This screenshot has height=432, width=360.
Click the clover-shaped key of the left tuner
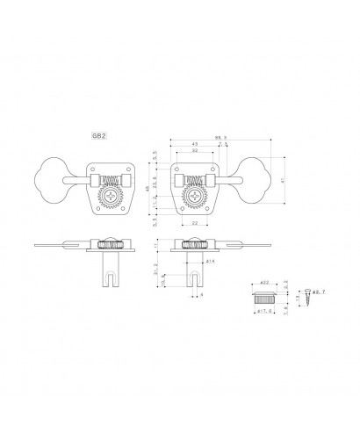click(x=53, y=178)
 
